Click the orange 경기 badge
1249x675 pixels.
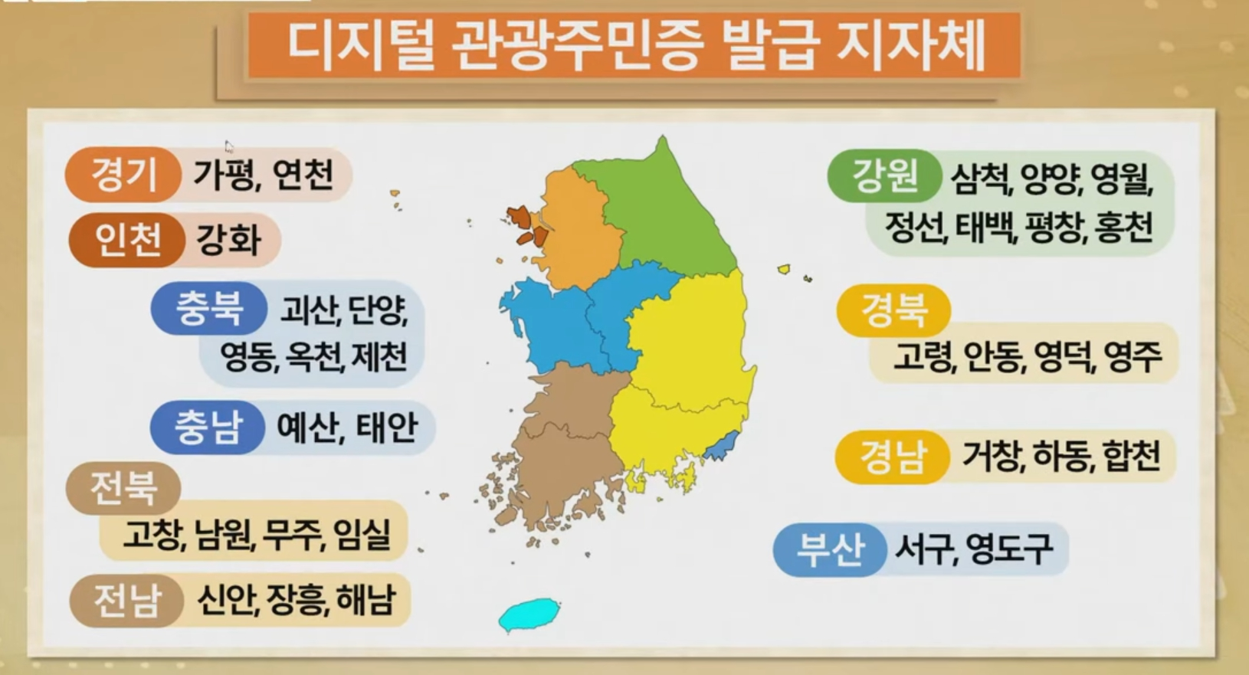click(x=123, y=175)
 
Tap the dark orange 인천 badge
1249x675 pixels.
click(x=126, y=240)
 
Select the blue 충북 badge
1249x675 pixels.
click(x=209, y=308)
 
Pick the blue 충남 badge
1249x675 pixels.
click(x=208, y=427)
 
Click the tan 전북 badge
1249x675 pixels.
click(x=123, y=488)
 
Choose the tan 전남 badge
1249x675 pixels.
click(x=126, y=601)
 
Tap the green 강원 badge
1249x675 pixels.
click(x=884, y=175)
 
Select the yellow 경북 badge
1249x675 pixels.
click(x=893, y=310)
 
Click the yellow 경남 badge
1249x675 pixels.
click(x=892, y=457)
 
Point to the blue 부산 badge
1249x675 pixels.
click(x=830, y=550)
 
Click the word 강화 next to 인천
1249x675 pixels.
click(x=228, y=241)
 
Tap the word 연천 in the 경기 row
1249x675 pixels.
click(x=303, y=175)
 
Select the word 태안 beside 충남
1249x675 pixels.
click(x=386, y=428)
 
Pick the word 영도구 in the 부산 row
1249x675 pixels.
click(x=1008, y=549)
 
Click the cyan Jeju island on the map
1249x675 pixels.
click(x=529, y=614)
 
